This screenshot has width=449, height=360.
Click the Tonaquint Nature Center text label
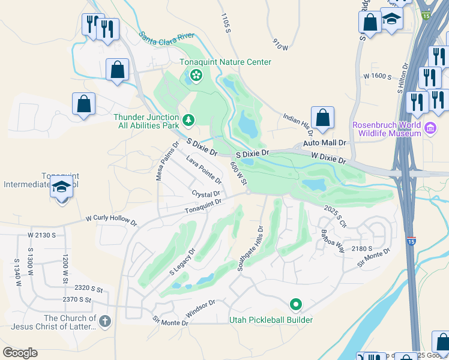(x=226, y=62)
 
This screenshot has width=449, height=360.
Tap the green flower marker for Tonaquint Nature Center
(x=195, y=75)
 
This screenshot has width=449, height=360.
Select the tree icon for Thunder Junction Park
(x=188, y=121)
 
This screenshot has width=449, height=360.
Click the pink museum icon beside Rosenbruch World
(x=430, y=128)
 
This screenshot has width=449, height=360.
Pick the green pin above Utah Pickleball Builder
(x=295, y=305)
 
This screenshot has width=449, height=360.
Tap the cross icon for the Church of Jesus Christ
(x=106, y=322)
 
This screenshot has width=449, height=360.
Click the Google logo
(x=20, y=353)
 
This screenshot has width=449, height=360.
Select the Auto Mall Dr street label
(x=325, y=143)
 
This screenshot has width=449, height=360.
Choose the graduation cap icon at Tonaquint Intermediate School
(x=62, y=188)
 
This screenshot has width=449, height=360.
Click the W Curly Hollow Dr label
(x=111, y=220)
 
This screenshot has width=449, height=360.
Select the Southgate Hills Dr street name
(x=251, y=248)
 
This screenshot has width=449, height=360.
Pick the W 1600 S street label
(x=378, y=77)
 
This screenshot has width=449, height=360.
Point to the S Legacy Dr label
(x=182, y=262)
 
